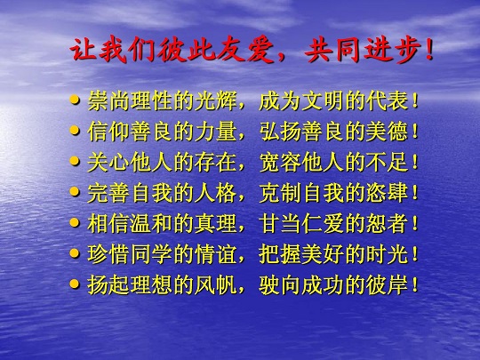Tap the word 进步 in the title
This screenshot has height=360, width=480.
tap(393, 51)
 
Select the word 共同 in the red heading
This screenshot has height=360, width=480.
tap(333, 51)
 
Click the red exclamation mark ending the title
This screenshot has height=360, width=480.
tap(429, 51)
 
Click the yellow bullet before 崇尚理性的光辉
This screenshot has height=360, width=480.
tap(75, 100)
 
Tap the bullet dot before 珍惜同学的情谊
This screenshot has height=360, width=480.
tap(75, 253)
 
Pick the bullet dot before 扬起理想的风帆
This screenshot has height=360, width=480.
tap(75, 284)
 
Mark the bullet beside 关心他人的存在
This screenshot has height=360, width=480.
tap(75, 161)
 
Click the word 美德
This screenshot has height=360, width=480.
tap(388, 132)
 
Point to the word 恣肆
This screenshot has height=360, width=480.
tap(388, 193)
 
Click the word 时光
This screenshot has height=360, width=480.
tap(388, 254)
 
